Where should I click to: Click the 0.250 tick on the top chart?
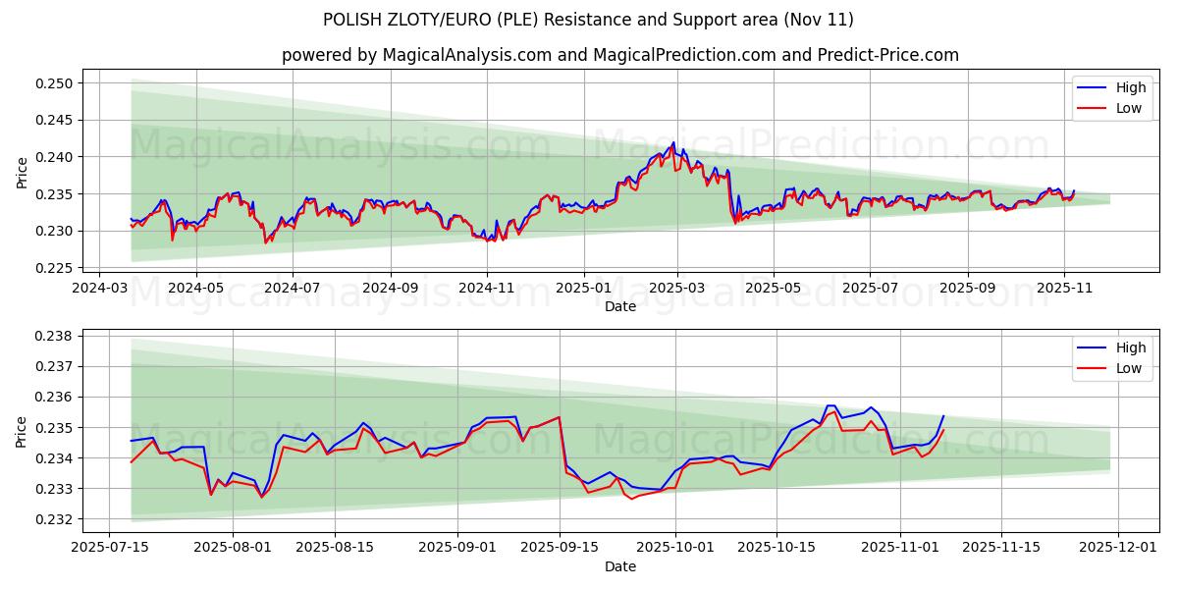pyautogui.click(x=57, y=83)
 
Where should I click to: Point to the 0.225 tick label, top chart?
pyautogui.click(x=57, y=268)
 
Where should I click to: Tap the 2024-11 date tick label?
pyautogui.click(x=487, y=289)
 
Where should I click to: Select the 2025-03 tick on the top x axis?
pyautogui.click(x=678, y=289)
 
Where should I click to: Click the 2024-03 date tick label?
pyautogui.click(x=99, y=289)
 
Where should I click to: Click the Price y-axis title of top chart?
pyautogui.click(x=23, y=173)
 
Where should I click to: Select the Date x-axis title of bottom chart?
pyautogui.click(x=619, y=566)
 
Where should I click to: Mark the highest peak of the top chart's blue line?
pyautogui.click(x=673, y=142)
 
